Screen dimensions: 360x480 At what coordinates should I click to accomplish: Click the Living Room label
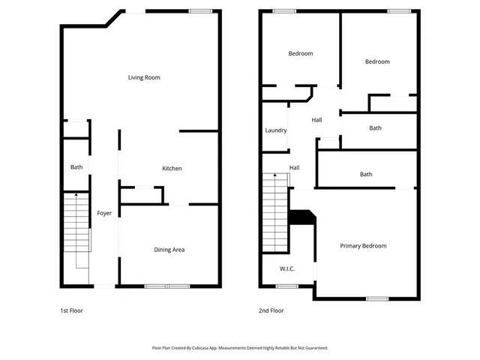pyautogui.click(x=144, y=77)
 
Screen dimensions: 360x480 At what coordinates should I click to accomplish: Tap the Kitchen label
pyautogui.click(x=172, y=169)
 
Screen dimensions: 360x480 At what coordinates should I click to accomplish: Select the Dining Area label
pyautogui.click(x=169, y=250)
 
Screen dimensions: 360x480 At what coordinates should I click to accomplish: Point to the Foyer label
pyautogui.click(x=104, y=214)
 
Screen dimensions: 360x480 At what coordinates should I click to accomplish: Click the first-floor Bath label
pyautogui.click(x=76, y=167)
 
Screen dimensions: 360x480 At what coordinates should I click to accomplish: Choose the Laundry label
pyautogui.click(x=276, y=130)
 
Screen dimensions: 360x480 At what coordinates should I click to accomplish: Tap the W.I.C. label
pyautogui.click(x=287, y=268)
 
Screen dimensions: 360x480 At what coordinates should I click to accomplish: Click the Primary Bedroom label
pyautogui.click(x=363, y=246)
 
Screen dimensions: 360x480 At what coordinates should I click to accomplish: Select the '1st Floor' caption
pyautogui.click(x=72, y=310)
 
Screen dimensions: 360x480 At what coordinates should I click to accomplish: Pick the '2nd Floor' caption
pyautogui.click(x=271, y=310)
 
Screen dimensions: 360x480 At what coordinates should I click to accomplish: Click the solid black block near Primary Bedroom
pyautogui.click(x=302, y=216)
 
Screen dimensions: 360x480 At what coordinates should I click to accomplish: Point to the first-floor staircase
pyautogui.click(x=76, y=229)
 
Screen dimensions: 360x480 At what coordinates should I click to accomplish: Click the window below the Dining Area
pyautogui.click(x=167, y=286)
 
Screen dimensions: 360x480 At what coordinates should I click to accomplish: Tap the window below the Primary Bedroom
pyautogui.click(x=377, y=298)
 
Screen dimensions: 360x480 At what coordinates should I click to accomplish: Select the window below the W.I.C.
pyautogui.click(x=286, y=286)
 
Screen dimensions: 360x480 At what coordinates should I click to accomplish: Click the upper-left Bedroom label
pyautogui.click(x=301, y=53)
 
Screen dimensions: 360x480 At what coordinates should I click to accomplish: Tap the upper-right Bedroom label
pyautogui.click(x=377, y=61)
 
